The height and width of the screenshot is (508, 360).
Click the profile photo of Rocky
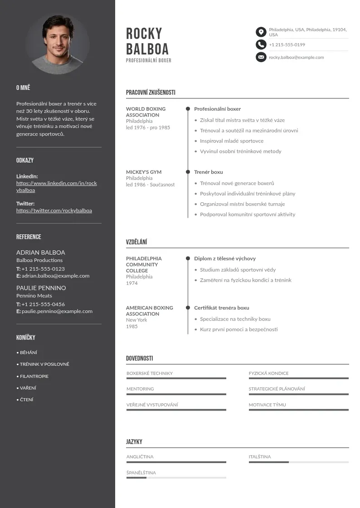(58, 44)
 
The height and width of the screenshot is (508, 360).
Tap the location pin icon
(261, 32)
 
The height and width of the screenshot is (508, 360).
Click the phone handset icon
(261, 44)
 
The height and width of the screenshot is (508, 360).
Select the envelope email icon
(261, 57)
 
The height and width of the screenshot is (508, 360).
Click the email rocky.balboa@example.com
(296, 58)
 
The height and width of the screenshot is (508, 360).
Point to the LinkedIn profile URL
(56, 186)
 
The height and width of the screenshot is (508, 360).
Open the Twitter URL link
(54, 210)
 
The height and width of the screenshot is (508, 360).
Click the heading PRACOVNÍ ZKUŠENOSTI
(151, 93)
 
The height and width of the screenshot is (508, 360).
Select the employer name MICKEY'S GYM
(144, 172)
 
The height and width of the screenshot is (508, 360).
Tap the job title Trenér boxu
(209, 172)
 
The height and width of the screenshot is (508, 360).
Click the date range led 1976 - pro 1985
(148, 127)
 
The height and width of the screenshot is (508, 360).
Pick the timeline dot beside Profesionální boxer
(188, 109)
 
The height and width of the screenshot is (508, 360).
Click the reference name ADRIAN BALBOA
(40, 252)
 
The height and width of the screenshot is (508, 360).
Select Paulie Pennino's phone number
(43, 304)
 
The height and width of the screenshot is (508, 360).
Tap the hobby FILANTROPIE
(34, 376)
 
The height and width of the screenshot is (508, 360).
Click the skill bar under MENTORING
(176, 394)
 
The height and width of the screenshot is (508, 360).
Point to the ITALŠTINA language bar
(298, 462)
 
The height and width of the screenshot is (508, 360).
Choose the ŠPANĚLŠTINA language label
(141, 473)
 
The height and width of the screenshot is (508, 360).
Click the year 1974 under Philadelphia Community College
(131, 283)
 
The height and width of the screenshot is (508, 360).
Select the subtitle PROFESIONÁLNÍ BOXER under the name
(149, 60)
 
